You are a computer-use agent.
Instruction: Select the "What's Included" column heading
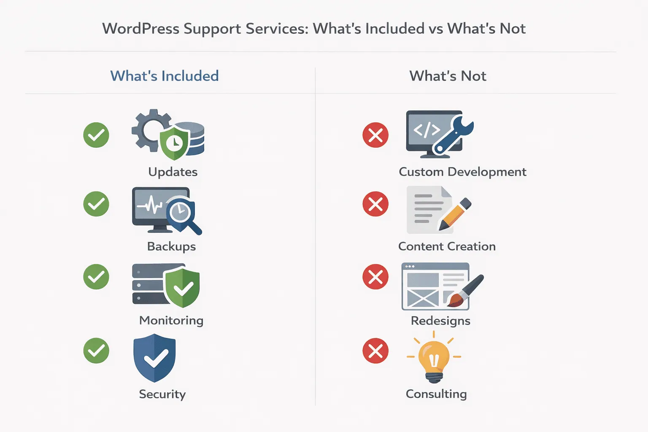165,76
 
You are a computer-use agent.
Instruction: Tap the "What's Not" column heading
448,76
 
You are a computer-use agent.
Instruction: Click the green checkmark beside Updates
96,135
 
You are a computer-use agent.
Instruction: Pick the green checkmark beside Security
96,351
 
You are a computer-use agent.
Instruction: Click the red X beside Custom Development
375,135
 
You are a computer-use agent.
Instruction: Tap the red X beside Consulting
375,351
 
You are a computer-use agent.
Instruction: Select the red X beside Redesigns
375,277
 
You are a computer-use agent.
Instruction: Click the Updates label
173,172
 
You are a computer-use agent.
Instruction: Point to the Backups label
171,246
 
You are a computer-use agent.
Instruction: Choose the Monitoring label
171,320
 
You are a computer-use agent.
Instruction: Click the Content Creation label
447,246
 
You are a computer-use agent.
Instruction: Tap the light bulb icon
434,359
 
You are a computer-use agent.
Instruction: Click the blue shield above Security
154,358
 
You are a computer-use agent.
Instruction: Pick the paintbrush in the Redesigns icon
466,291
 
